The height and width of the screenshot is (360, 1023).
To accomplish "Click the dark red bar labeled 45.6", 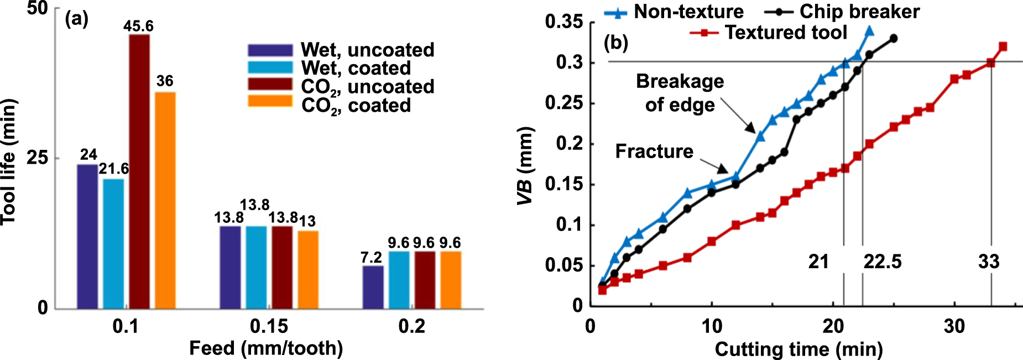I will (x=139, y=171).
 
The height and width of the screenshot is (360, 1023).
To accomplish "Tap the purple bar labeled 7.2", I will (x=373, y=287).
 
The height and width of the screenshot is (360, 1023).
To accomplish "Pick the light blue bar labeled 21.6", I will (x=113, y=243).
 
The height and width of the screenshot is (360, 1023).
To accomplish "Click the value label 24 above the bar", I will (x=88, y=154).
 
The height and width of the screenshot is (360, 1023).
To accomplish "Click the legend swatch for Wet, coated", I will (x=270, y=67).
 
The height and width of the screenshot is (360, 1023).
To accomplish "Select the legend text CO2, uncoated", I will (x=367, y=87).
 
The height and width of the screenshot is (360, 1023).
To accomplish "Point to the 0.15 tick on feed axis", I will (x=269, y=326).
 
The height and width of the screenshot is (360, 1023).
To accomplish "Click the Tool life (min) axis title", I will (x=8, y=161).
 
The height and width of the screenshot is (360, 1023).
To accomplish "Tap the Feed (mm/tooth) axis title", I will (x=266, y=348).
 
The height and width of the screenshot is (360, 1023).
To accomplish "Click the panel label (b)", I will (x=616, y=42).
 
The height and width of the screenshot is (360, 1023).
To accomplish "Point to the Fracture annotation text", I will (x=654, y=151).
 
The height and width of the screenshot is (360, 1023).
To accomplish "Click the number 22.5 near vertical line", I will (x=883, y=261).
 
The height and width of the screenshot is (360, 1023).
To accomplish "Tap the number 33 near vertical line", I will (x=989, y=261).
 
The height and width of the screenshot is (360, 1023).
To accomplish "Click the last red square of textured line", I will (x=1003, y=46).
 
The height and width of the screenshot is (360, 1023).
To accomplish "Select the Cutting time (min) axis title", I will (x=798, y=349).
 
